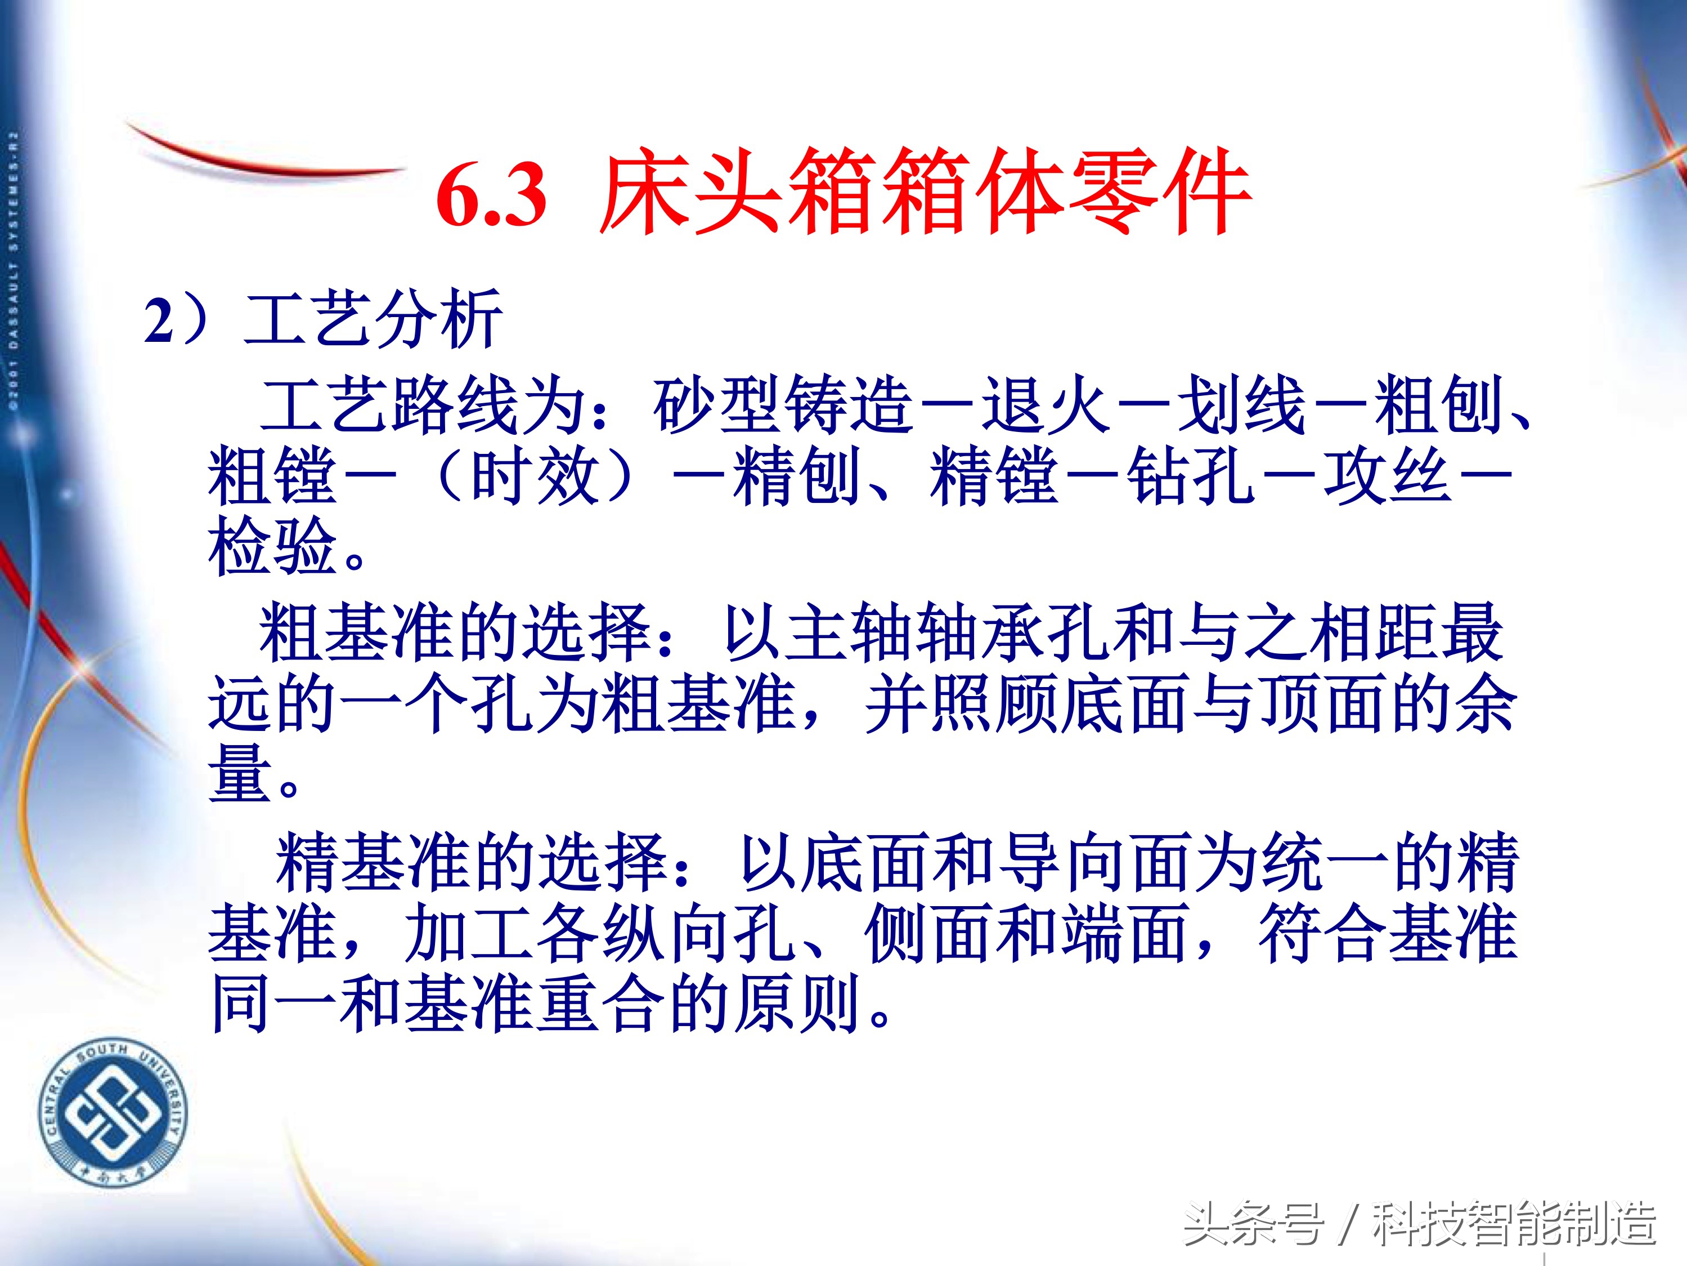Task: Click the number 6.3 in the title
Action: (x=492, y=196)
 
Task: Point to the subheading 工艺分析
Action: (x=374, y=319)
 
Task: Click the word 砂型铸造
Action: (x=783, y=404)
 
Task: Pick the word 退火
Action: (x=1045, y=404)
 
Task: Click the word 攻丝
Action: (x=1388, y=475)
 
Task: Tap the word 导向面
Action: (x=1099, y=862)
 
